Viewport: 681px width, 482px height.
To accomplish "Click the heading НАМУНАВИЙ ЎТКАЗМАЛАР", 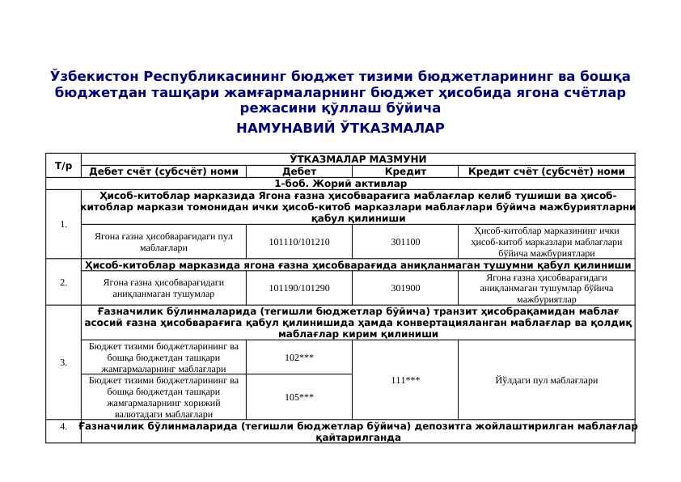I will point(340,128).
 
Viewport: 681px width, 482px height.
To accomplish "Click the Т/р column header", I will point(63,165).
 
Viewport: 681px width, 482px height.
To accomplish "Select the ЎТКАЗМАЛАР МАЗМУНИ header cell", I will point(357,159).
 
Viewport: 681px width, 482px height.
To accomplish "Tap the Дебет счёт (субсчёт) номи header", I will point(163,171).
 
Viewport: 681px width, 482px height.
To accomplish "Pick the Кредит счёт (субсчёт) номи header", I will point(546,171).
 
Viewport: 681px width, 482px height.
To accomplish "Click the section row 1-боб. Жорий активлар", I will point(340,184).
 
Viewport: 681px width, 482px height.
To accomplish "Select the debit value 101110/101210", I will point(299,242).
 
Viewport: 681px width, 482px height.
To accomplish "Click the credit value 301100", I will point(405,242).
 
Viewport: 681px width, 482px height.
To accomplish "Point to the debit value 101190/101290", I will point(299,288).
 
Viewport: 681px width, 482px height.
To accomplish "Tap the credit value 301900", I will point(405,288).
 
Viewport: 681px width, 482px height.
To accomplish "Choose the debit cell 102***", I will point(299,357).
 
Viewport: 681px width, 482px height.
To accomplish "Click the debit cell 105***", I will point(299,397).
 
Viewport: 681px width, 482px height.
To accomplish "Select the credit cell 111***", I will point(405,379).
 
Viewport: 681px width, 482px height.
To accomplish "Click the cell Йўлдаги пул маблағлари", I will point(546,379).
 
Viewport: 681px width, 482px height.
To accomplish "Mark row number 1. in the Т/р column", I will point(63,224).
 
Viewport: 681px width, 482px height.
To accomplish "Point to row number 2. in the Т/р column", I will point(63,282).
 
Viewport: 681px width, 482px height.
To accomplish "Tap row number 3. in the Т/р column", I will point(63,362).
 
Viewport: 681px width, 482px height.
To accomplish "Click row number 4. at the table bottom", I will point(63,427).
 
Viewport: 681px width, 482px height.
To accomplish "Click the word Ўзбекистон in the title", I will point(95,77).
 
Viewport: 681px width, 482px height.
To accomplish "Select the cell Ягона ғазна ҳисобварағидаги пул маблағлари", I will point(163,242).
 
